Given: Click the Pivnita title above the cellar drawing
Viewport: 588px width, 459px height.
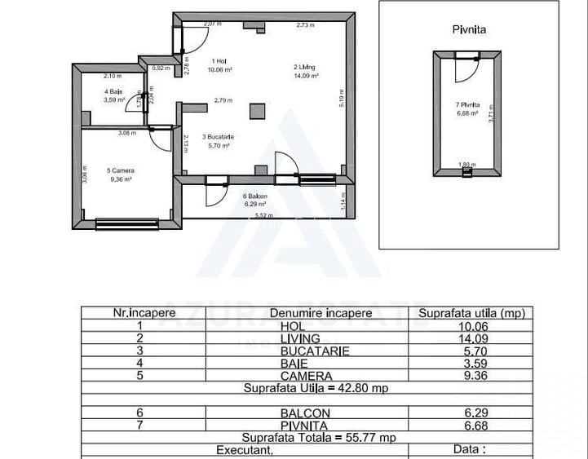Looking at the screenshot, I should click(x=469, y=29).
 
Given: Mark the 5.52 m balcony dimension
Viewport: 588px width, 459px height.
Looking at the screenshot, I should click(x=263, y=215).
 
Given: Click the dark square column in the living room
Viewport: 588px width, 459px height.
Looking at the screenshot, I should click(x=258, y=110).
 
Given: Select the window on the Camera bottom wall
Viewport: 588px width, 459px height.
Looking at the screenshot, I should click(x=126, y=222).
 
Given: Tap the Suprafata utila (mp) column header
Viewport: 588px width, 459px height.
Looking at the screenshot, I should click(x=471, y=312).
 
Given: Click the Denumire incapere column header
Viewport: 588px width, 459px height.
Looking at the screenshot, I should click(x=312, y=312).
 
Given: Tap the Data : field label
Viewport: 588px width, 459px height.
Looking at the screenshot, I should click(x=471, y=449).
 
